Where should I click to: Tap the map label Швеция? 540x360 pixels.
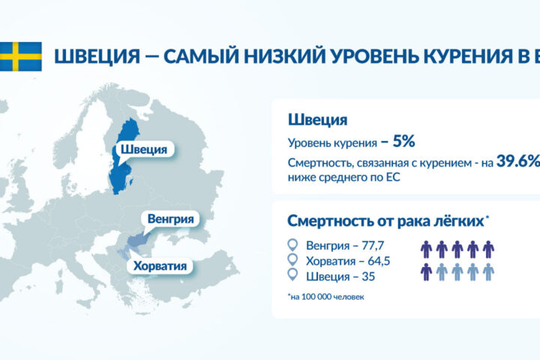[x=143, y=149]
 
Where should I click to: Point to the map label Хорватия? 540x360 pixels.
[x=160, y=266]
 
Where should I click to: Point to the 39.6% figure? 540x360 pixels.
[x=518, y=162]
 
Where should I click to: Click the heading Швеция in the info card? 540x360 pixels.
[x=316, y=120]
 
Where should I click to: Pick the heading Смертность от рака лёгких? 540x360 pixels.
[x=385, y=221]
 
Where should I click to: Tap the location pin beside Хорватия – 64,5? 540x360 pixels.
[x=293, y=261]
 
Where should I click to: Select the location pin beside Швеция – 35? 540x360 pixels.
[x=293, y=277]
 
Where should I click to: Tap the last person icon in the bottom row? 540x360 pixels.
[x=488, y=271]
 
